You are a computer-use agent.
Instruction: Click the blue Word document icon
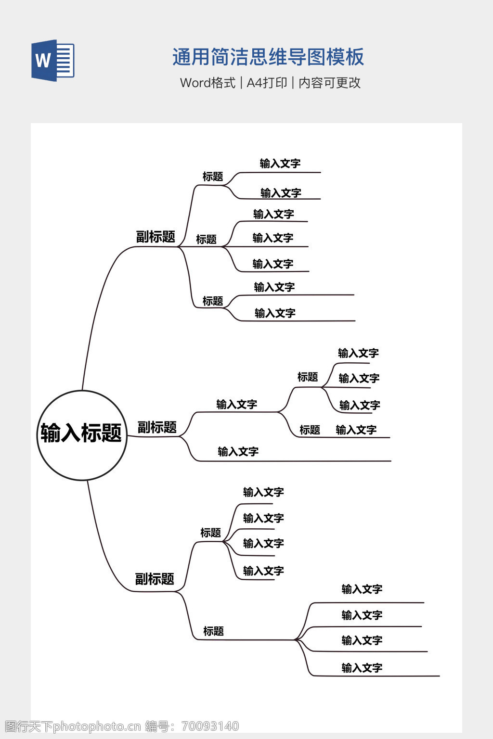pos(53,60)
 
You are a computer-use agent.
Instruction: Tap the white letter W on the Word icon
pos(43,61)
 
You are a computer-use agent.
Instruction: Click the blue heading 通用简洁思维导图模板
pos(268,57)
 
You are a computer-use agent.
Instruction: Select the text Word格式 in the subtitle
pos(208,83)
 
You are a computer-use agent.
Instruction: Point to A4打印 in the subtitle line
pos(267,83)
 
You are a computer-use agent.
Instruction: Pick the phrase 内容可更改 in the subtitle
pos(330,83)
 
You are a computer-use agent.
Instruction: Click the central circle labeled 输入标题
pos(82,434)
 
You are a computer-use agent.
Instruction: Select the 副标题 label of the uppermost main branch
pos(156,237)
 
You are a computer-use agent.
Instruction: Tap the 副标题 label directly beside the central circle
pos(157,427)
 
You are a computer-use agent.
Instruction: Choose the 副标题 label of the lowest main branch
pos(155,579)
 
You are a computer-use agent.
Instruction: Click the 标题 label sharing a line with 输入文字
pos(310,430)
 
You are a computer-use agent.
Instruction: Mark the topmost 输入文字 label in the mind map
pos(280,164)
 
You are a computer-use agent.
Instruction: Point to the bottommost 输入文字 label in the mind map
pos(362,668)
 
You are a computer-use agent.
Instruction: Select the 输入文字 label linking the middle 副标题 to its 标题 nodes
pos(236,405)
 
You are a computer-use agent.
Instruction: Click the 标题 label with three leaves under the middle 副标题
pos(308,377)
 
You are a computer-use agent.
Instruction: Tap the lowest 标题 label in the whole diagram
pos(213,631)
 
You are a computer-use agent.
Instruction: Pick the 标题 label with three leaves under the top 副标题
pos(206,239)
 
